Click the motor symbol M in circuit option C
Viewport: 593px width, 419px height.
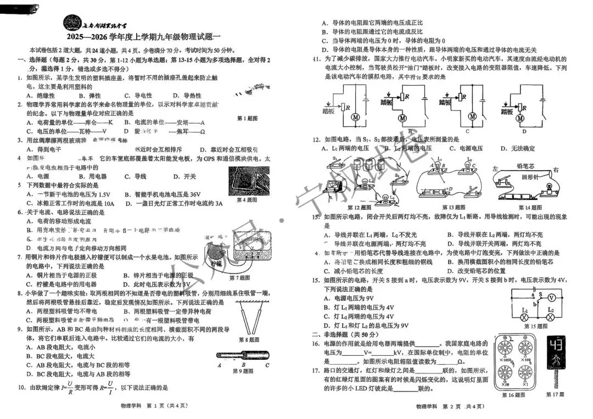(x=471, y=116)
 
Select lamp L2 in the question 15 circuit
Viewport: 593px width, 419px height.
(x=551, y=317)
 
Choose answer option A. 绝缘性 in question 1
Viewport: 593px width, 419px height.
(x=41, y=96)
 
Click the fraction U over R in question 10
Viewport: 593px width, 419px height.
(x=70, y=388)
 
